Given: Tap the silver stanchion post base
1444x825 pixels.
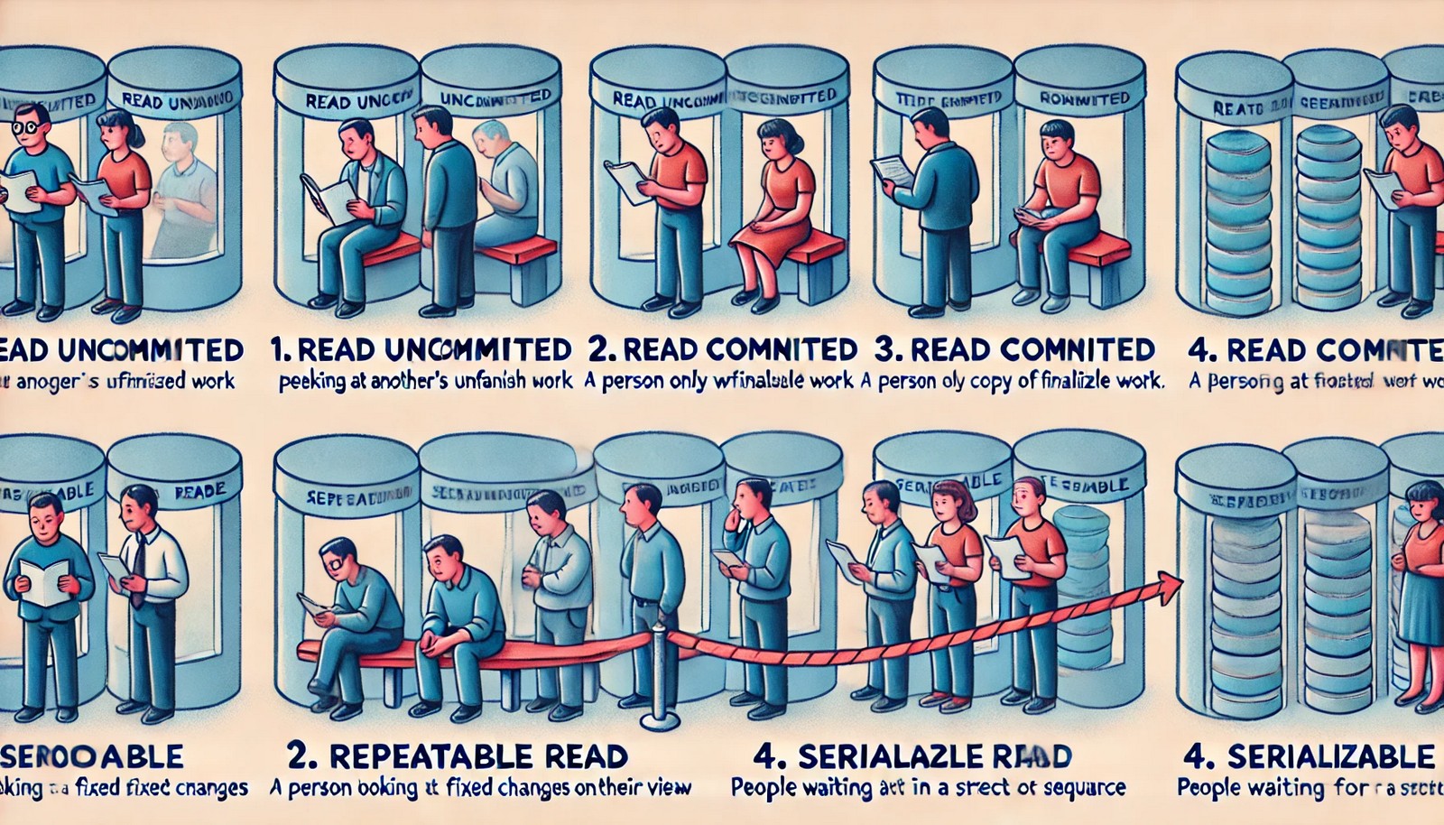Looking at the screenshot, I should pyautogui.click(x=659, y=720).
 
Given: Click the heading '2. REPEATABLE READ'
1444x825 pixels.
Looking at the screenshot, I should pyautogui.click(x=457, y=755).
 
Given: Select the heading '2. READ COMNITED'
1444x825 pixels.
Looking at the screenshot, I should pyautogui.click(x=721, y=349).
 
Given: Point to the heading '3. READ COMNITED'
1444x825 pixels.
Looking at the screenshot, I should pyautogui.click(x=1014, y=349).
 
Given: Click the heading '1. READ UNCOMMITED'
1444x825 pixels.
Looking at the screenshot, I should pyautogui.click(x=421, y=349).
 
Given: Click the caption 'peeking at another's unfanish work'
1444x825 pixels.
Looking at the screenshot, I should pyautogui.click(x=425, y=381).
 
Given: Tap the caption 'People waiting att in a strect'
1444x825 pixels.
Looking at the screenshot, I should pyautogui.click(x=928, y=787).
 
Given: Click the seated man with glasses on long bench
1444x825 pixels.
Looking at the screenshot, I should pyautogui.click(x=347, y=614).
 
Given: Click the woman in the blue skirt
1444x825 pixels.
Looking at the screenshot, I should pyautogui.click(x=1420, y=587).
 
